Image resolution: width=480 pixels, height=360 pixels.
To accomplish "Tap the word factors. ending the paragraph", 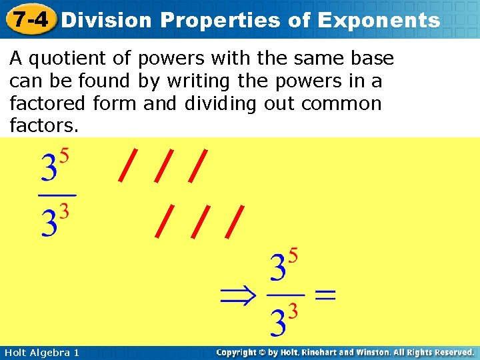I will pyautogui.click(x=44, y=125).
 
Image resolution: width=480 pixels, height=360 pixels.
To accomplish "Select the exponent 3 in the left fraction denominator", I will pyautogui.click(x=65, y=211).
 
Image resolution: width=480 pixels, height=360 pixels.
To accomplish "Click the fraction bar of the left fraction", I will pyautogui.click(x=57, y=195).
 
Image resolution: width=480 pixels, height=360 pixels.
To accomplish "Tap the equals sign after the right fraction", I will pyautogui.click(x=325, y=295).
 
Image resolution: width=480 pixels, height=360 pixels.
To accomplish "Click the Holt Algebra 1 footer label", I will pyautogui.click(x=41, y=352).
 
